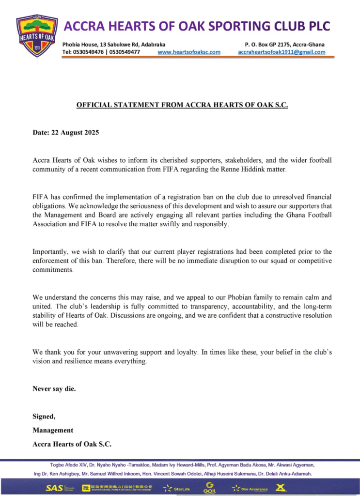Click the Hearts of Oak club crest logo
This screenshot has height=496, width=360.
click(x=36, y=35)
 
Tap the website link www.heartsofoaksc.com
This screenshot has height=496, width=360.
click(x=189, y=52)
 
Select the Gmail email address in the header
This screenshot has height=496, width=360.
click(x=282, y=52)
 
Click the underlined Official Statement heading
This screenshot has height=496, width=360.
click(x=182, y=105)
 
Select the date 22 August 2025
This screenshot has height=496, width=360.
click(x=75, y=132)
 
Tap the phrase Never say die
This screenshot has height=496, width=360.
click(x=54, y=388)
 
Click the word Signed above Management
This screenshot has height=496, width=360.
click(x=44, y=416)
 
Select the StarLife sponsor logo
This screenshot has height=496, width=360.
click(x=177, y=488)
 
